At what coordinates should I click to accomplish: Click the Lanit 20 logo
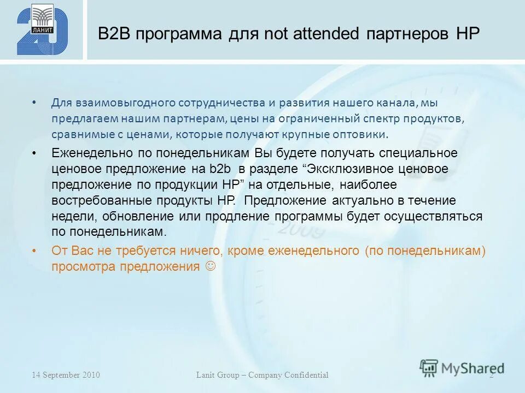(42, 29)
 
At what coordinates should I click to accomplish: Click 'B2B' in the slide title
(113, 34)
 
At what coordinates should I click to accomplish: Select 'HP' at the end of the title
(468, 34)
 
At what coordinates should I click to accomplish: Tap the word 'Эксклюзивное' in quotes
(356, 169)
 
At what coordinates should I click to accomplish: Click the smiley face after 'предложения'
(211, 266)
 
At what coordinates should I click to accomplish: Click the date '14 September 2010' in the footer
(66, 375)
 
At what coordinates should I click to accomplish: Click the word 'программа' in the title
(178, 34)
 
